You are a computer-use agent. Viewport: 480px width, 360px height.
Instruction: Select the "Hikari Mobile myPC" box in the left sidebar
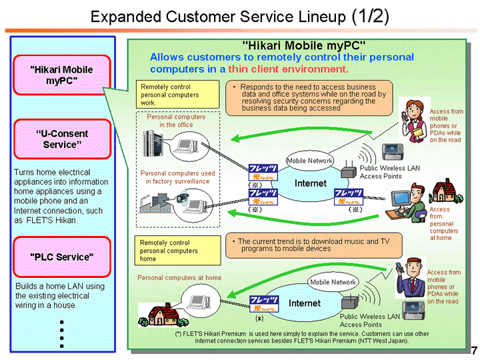tap(62, 75)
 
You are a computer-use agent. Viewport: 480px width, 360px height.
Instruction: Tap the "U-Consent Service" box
tap(62, 139)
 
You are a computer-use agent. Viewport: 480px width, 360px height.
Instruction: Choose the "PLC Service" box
tap(62, 257)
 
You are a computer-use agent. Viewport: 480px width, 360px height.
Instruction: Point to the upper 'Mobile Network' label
tap(309, 161)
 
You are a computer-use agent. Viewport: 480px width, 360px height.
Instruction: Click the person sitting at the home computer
tap(414, 197)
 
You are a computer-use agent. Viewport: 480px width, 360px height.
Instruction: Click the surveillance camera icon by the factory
tap(182, 197)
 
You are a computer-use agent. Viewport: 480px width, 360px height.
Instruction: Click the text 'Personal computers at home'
tap(179, 277)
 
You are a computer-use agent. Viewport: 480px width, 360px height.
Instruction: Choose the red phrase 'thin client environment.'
tap(288, 69)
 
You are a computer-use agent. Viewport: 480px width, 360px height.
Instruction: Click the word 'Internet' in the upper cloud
tap(311, 183)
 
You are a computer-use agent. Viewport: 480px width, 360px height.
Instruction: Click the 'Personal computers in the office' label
tap(177, 121)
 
